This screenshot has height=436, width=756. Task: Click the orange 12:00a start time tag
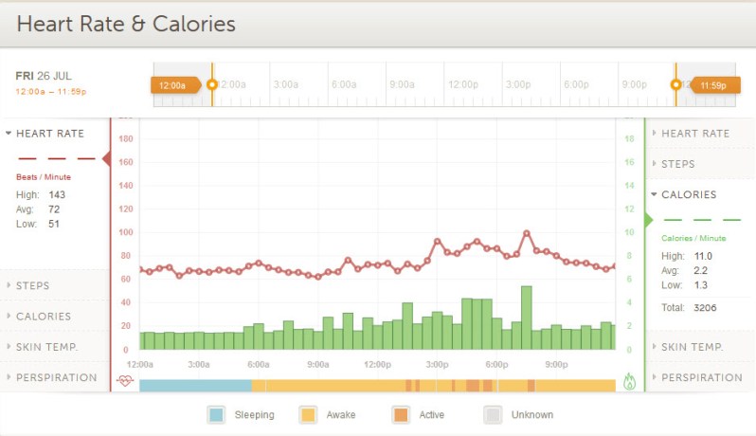174,85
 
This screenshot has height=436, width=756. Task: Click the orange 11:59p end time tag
713,85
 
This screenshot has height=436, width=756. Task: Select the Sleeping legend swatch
217,415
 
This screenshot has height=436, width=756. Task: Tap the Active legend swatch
401,415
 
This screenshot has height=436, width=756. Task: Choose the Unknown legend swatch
493,415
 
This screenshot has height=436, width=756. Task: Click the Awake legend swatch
308,415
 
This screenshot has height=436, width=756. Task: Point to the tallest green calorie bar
527,318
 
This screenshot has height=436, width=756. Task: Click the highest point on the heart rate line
527,232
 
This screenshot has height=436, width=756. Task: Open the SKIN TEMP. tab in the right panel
692,347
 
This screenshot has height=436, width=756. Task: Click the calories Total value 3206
706,308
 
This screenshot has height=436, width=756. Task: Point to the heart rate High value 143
57,194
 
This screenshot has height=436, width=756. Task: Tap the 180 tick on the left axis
125,139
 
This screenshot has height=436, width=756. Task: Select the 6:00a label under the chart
259,364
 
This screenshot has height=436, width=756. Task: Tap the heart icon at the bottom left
126,381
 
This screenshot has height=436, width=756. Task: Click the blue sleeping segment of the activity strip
195,386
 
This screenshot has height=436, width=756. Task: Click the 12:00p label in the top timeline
462,85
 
